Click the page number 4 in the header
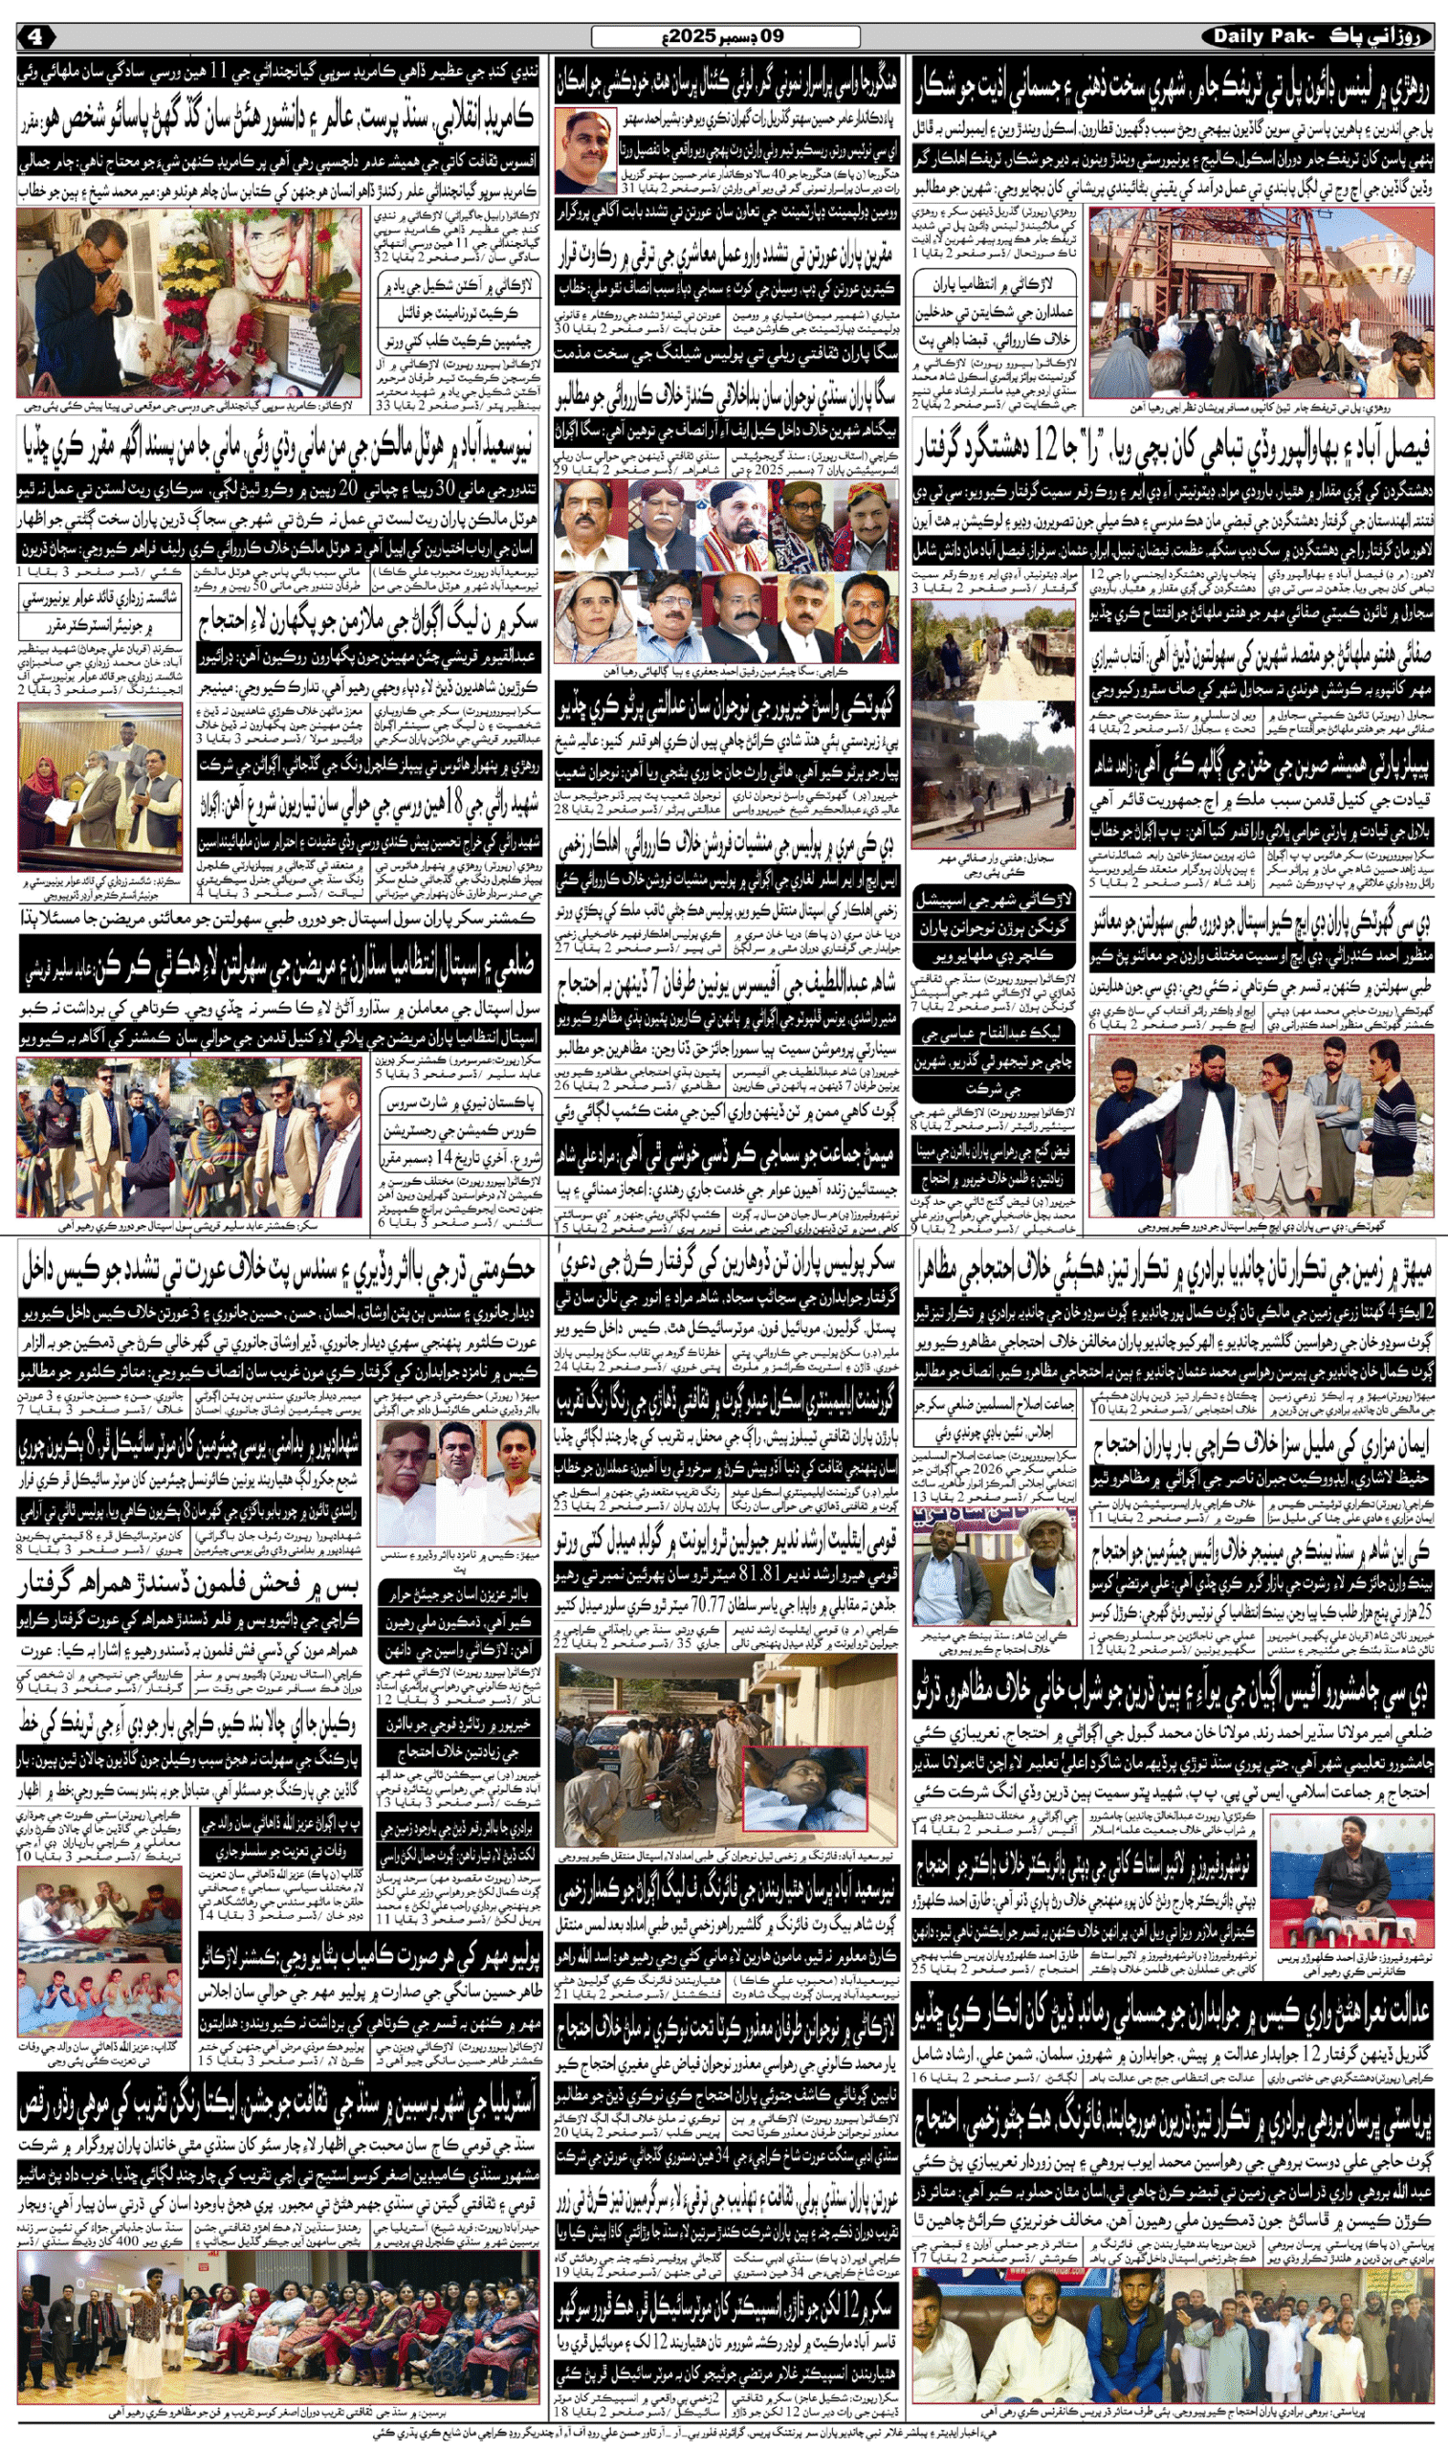click(x=35, y=37)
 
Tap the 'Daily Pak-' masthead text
click(x=1263, y=37)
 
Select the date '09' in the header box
click(x=772, y=37)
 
